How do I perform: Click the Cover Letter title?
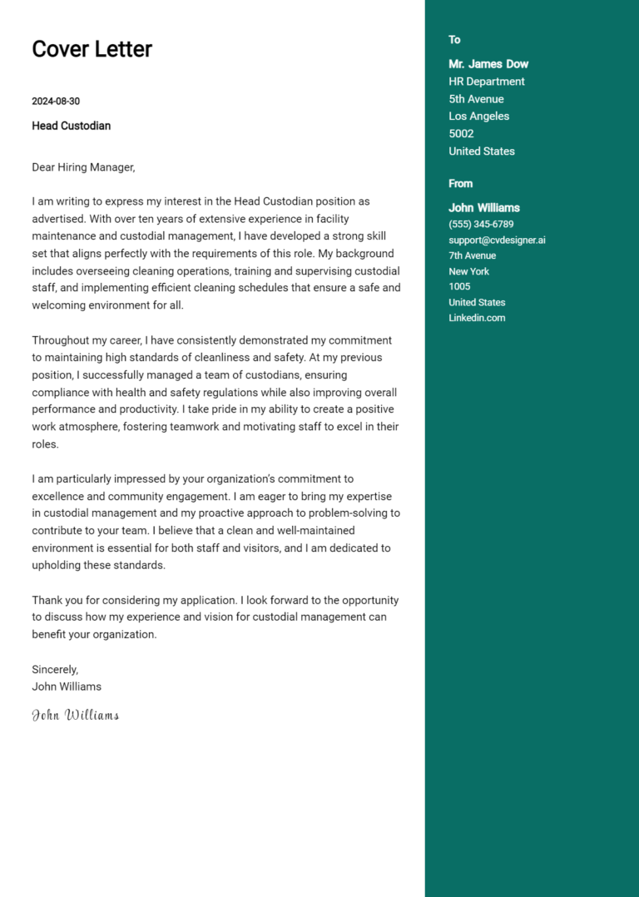click(92, 49)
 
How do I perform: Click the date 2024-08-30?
click(56, 102)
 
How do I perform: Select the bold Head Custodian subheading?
click(71, 126)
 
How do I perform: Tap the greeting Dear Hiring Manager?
click(83, 167)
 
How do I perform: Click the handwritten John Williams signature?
click(75, 715)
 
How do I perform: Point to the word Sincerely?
click(55, 669)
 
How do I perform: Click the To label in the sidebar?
click(454, 40)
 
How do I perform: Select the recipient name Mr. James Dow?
click(488, 64)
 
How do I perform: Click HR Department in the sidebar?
click(487, 82)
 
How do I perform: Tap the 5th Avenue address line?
click(476, 99)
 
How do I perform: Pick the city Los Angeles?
click(478, 116)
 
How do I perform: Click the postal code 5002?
click(461, 134)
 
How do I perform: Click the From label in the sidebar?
click(460, 184)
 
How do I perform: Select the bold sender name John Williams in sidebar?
click(484, 208)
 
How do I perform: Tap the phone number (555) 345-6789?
click(481, 225)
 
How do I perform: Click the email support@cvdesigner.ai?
click(497, 240)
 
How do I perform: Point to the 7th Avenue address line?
click(472, 256)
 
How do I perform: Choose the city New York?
click(468, 271)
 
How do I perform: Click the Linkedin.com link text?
click(477, 318)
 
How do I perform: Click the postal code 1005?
click(459, 287)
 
